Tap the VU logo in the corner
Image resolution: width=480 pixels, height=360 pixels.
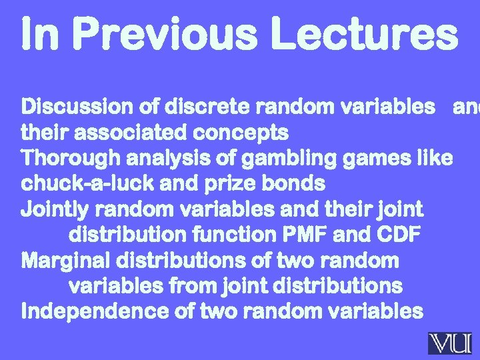tap(449, 343)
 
